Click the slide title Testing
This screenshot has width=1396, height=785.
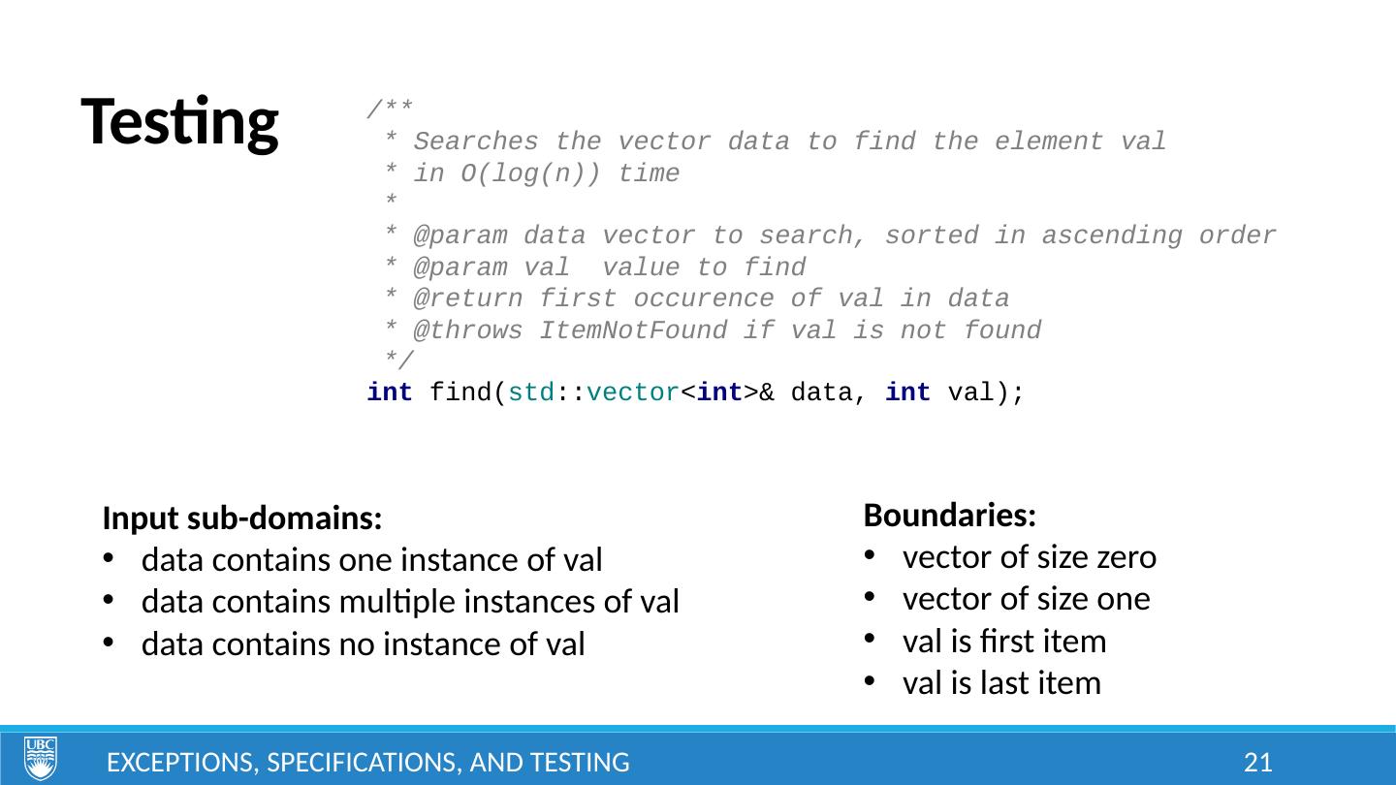pos(180,123)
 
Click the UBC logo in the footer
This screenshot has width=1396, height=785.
pos(40,758)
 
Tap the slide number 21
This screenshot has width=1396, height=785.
pos(1257,763)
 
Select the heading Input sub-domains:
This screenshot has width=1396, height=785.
pos(241,519)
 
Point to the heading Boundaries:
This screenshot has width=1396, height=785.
pos(949,515)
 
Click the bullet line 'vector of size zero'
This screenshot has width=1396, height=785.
pos(1029,558)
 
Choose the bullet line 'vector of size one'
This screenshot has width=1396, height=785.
pos(1026,600)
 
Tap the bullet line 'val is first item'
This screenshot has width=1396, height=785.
pos(1003,642)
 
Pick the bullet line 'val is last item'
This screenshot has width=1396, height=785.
pos(1001,683)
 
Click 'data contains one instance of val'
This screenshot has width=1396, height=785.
pos(371,561)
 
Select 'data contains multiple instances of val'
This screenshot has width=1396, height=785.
pos(409,603)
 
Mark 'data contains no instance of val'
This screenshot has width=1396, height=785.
pos(363,644)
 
